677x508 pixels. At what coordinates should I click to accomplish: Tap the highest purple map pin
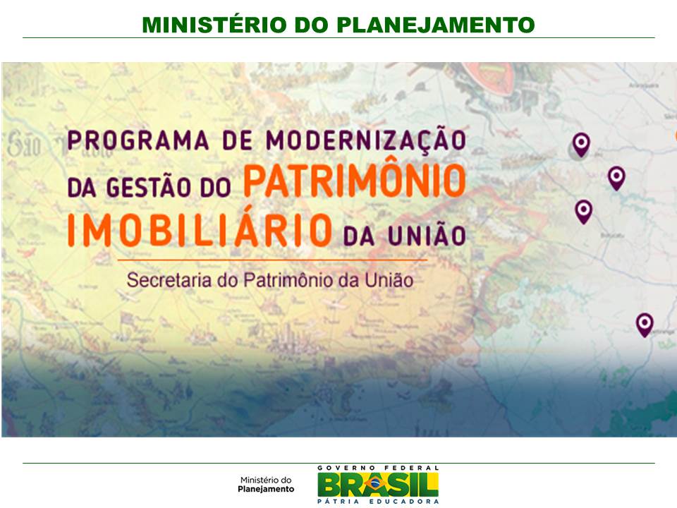[580, 145]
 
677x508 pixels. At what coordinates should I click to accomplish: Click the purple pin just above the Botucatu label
[583, 210]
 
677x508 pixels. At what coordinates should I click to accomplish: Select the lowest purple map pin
[645, 324]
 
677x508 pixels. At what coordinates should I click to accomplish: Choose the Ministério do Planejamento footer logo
[266, 483]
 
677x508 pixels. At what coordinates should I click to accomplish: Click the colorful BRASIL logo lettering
[377, 484]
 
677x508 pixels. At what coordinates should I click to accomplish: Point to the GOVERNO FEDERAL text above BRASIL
[378, 468]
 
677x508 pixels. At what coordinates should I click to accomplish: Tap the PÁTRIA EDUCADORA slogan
[378, 502]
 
